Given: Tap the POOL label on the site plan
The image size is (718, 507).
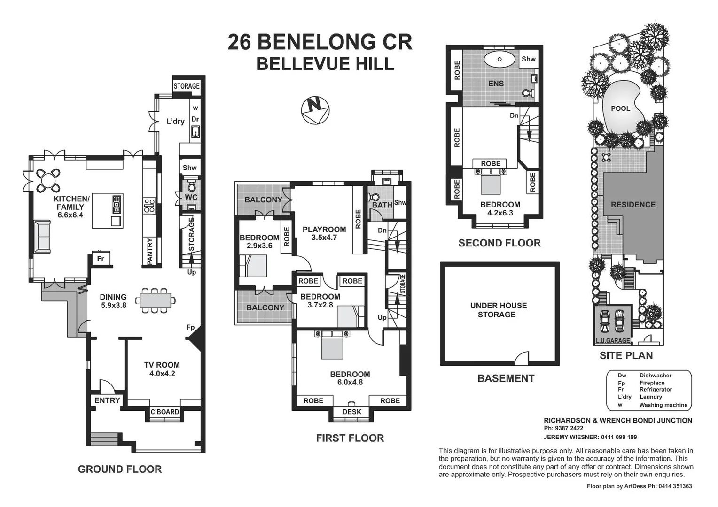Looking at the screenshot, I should coord(620,108).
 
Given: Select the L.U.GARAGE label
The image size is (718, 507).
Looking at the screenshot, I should coord(613,340).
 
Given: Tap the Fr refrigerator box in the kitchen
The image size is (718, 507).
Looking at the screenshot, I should coord(101,258).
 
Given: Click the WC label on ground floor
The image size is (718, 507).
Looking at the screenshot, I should coord(191,197).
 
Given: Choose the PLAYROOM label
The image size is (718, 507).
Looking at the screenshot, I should coord(324,230).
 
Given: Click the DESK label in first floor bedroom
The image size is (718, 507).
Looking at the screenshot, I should coord(351,412).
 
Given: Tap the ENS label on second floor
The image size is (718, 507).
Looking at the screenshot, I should coord(496,84).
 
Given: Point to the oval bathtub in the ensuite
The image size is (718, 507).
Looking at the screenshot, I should coord(499,60).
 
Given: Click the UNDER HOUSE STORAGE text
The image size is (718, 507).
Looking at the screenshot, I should coord(498,310).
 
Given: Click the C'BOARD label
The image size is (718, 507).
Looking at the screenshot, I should coord(164,412).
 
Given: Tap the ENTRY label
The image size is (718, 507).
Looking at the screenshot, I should coord(107,400).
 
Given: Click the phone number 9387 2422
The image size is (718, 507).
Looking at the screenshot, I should coord(569,428).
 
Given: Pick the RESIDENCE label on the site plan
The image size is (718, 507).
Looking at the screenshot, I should coord(633,205).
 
